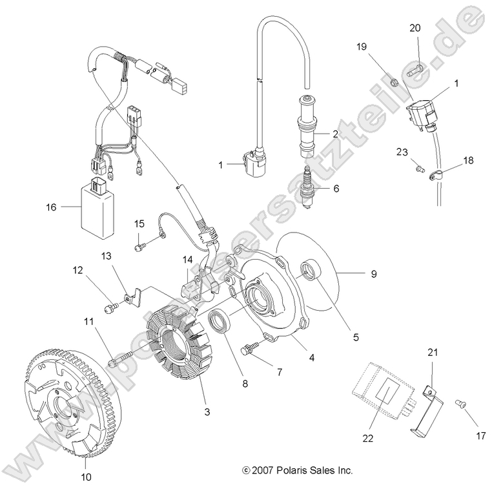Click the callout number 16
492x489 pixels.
(52, 207)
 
